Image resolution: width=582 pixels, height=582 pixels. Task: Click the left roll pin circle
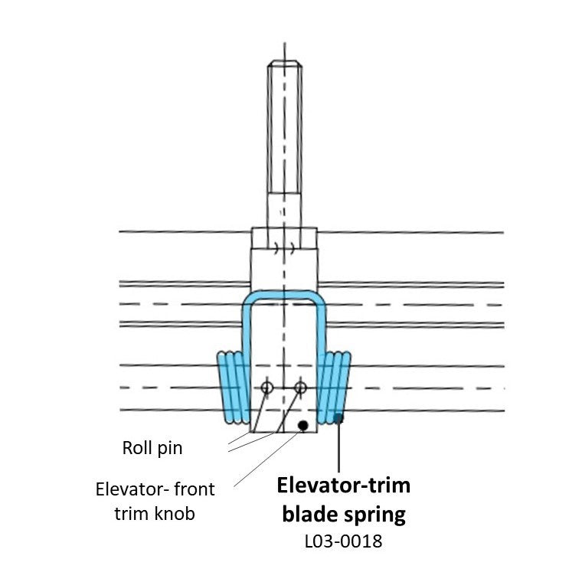[x=266, y=388]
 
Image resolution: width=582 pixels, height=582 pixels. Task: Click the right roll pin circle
[x=300, y=388]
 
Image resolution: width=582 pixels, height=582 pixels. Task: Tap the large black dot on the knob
[x=303, y=424]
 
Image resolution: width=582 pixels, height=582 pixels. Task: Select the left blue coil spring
[x=232, y=387]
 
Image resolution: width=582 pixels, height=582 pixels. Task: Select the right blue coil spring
[x=335, y=387]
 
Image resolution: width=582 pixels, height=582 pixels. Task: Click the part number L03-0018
[x=344, y=542]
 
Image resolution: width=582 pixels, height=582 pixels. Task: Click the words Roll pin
[x=152, y=448]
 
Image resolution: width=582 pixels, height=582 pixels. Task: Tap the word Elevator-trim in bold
[x=343, y=486]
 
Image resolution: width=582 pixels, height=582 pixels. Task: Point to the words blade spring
[x=344, y=514]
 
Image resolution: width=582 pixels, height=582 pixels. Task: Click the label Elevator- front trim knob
[x=155, y=501]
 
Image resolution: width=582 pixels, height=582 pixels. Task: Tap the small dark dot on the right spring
[x=338, y=417]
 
